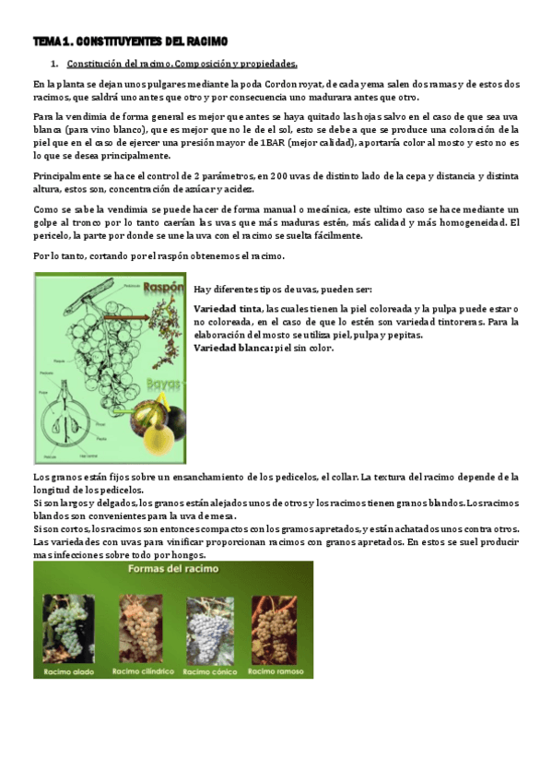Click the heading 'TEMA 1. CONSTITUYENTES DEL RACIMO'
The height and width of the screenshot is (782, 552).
click(129, 41)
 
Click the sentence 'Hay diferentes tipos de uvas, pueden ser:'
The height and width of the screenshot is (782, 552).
click(283, 289)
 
